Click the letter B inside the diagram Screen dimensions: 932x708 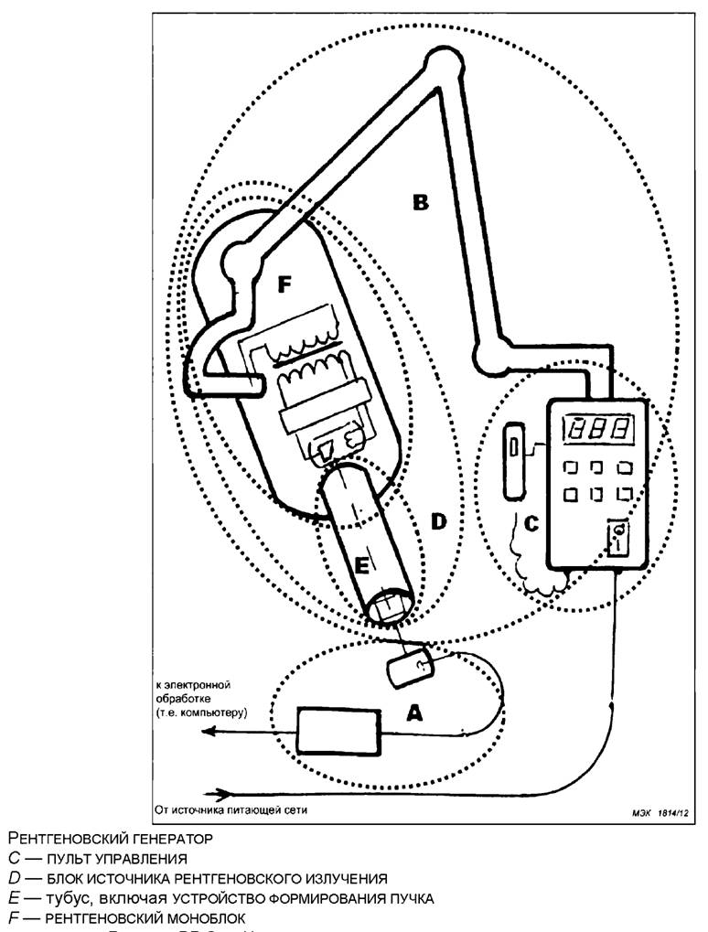[420, 202]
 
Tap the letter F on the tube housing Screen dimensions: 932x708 [284, 285]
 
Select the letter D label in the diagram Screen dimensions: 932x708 [438, 521]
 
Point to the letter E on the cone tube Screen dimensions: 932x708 [362, 567]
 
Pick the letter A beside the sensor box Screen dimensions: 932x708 [414, 715]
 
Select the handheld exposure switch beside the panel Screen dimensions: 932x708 [514, 459]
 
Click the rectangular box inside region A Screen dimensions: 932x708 [339, 729]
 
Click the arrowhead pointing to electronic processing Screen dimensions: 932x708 [209, 730]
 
